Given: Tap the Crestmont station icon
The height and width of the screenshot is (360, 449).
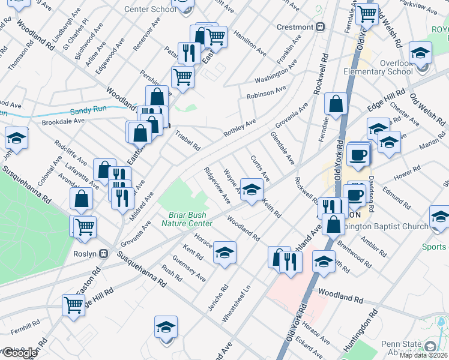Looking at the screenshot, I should coord(321,27).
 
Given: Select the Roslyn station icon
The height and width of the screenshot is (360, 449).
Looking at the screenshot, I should coord(103,253).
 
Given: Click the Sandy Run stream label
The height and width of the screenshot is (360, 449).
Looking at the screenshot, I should coord(88,111).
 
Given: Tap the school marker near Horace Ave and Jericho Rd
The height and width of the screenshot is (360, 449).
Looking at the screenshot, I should coord(225,253).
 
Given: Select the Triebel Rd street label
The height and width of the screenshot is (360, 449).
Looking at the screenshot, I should coord(188,142).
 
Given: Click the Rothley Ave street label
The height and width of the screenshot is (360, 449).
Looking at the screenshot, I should coord(240,128).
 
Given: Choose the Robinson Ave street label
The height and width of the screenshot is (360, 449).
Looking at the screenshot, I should coord(266,93).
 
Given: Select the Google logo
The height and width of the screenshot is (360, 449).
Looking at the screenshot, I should coord(20,353).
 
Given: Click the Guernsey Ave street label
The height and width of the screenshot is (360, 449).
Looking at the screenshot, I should coord(188,269).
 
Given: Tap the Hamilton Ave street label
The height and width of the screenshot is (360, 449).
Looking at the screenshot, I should coord(249,43).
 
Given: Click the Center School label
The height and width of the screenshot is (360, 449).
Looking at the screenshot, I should coord(151,9).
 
